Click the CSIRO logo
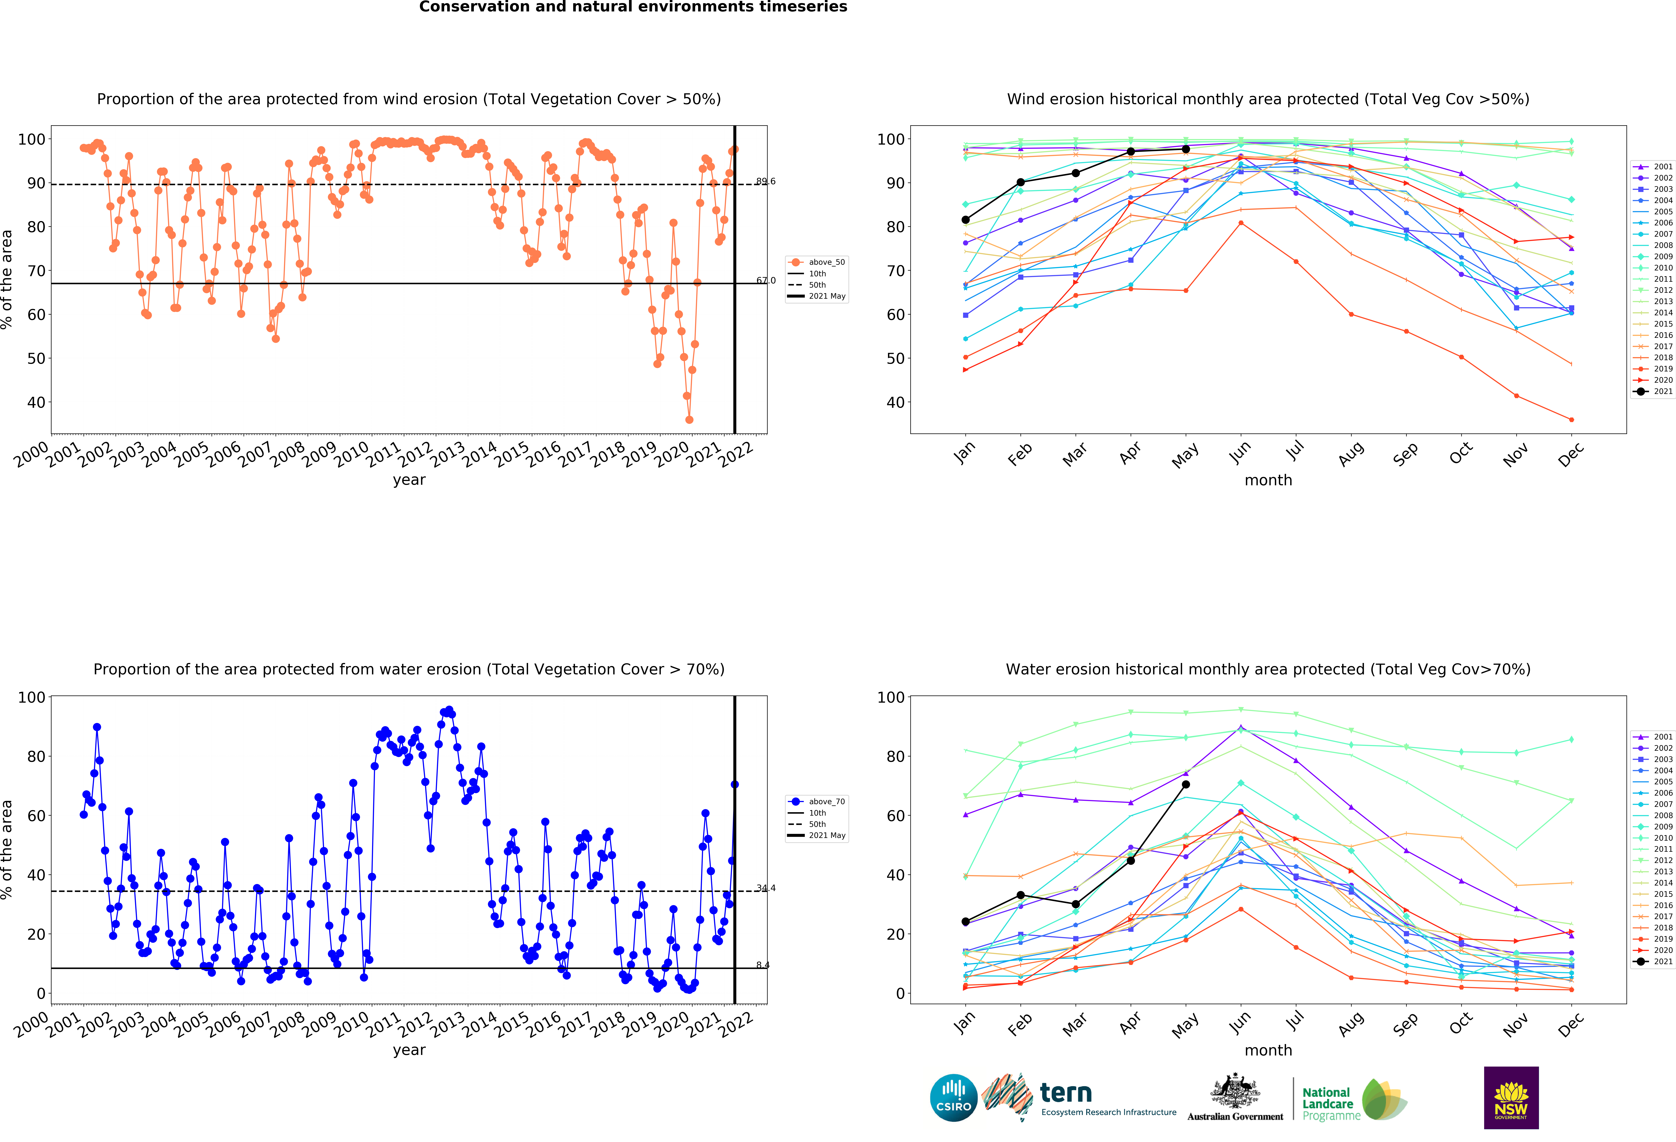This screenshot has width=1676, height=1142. point(953,1098)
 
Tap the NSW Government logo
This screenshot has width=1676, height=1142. point(1511,1097)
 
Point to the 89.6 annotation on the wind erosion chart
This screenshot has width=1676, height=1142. point(766,181)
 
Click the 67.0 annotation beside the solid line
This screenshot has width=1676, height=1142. point(766,280)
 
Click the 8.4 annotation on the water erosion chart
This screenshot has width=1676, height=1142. point(763,965)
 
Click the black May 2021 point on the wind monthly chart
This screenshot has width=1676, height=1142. point(1186,149)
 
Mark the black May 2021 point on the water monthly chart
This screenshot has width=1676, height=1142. point(1186,784)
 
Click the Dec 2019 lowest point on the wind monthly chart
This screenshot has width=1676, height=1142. point(1571,420)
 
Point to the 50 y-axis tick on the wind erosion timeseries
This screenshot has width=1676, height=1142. point(36,358)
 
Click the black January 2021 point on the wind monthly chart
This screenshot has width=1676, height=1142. point(966,220)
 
